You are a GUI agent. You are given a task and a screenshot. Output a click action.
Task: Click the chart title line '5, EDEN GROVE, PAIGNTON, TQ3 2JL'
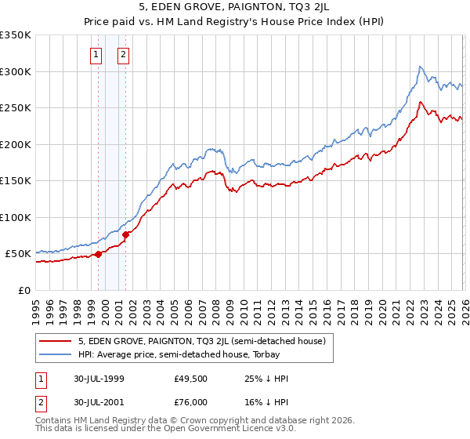(234, 8)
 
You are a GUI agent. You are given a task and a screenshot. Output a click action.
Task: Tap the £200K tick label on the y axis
(16, 144)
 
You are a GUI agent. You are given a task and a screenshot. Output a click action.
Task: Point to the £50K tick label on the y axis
(18, 254)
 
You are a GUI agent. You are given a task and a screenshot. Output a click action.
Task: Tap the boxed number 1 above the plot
(96, 55)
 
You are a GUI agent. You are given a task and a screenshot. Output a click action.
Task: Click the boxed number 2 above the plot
(124, 55)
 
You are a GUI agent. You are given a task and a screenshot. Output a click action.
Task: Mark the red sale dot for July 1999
(99, 254)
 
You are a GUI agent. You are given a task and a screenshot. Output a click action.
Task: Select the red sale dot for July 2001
(126, 234)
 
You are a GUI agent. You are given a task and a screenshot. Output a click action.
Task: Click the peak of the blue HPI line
(421, 67)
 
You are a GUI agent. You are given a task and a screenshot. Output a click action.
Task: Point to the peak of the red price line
(421, 102)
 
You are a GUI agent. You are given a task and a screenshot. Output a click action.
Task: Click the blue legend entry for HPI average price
(196, 355)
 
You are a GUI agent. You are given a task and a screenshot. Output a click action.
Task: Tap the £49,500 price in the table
(190, 379)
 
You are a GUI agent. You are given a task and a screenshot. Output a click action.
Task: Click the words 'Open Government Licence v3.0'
(210, 429)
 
